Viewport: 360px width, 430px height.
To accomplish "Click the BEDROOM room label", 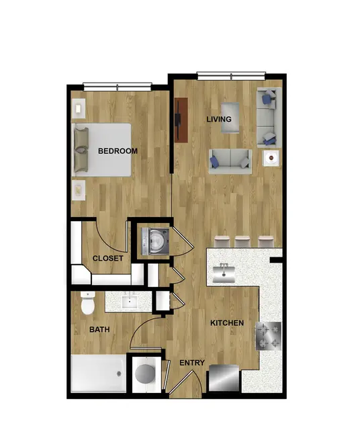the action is pos(118,150).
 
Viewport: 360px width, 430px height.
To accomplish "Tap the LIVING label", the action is pos(219,120).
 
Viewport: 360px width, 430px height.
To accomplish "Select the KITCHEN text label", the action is pos(227,323).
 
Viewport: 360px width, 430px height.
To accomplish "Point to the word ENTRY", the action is pos(192,363).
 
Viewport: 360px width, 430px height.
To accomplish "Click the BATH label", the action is pos(99,329).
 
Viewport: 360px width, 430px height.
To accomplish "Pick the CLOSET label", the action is pos(107,258).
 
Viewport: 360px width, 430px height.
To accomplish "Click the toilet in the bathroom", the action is pos(88,303).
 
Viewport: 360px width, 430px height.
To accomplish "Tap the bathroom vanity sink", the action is pos(129,302).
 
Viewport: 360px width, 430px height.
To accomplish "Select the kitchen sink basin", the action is pos(224,273).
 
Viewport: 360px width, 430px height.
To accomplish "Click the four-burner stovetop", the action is pos(269,336).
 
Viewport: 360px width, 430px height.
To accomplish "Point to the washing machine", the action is pos(155,241).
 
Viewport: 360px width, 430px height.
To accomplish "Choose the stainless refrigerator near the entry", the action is pos(224,378).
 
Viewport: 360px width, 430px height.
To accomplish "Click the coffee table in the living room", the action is pos(230,118).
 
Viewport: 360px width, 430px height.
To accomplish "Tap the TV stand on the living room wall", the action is pos(181,120).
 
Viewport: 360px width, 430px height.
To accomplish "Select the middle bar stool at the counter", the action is pos(242,241).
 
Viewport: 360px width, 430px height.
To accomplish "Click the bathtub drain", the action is pos(119,374).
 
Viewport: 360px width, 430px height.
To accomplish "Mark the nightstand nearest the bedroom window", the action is pos(79,109).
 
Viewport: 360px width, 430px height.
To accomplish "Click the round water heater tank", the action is pos(145,374).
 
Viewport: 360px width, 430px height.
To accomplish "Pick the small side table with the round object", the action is pos(271,158).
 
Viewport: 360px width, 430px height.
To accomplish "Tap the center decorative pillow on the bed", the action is pos(81,150).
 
